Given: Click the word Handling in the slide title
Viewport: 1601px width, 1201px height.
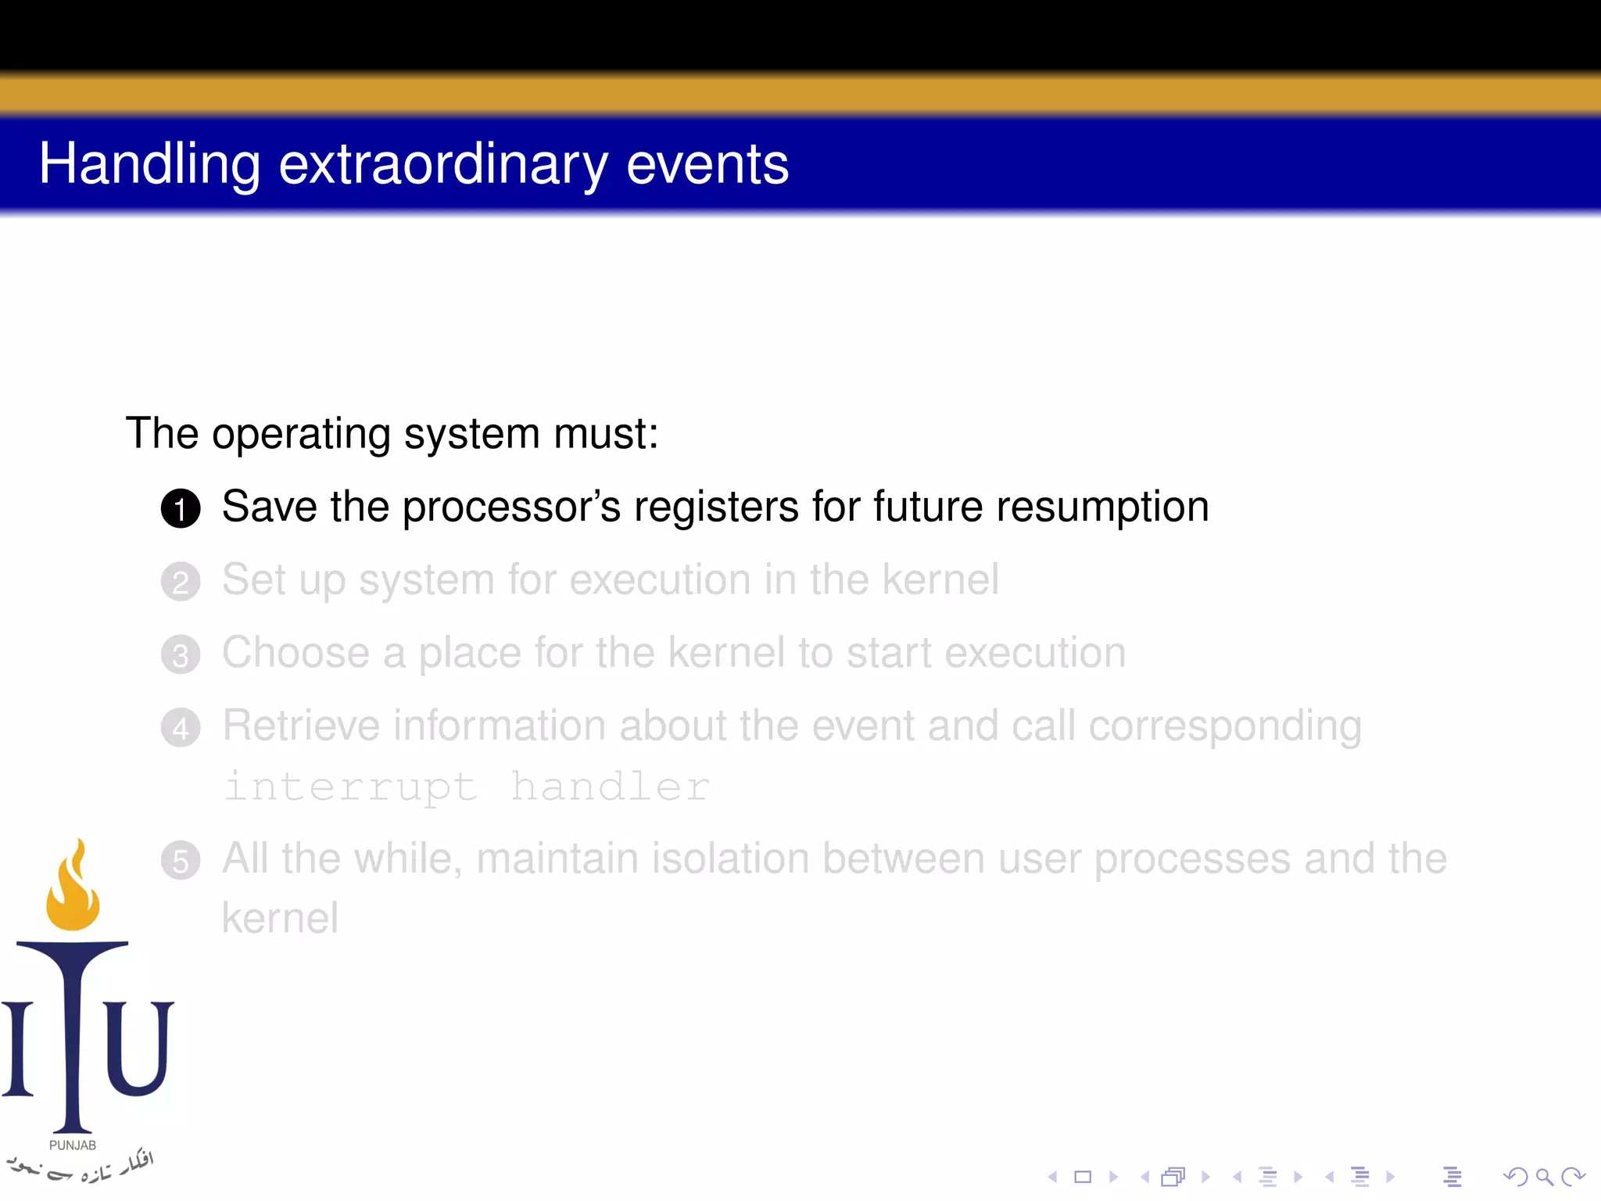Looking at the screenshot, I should pos(149,165).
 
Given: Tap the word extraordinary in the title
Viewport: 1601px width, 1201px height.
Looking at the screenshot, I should pos(443,165).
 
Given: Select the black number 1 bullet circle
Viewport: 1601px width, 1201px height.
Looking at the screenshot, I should pos(181,508).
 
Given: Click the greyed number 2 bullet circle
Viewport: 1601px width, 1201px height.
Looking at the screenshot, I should pos(181,582).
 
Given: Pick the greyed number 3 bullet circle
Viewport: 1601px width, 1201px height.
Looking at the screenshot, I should pos(181,654).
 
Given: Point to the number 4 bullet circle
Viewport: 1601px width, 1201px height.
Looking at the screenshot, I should pos(181,727).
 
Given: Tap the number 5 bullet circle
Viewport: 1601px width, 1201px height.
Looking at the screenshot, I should pos(181,860).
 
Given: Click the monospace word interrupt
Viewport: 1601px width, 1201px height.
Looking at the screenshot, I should pos(350,787).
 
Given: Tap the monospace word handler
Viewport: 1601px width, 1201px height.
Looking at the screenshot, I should pos(610,787).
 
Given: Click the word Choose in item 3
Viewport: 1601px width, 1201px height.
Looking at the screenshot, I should pos(295,653).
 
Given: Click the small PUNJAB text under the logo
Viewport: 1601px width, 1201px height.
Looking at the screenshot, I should pos(73,1145).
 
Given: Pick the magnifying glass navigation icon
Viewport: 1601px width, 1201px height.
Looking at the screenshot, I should pos(1544,1176).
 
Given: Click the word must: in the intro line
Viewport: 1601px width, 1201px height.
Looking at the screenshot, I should pos(606,434).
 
